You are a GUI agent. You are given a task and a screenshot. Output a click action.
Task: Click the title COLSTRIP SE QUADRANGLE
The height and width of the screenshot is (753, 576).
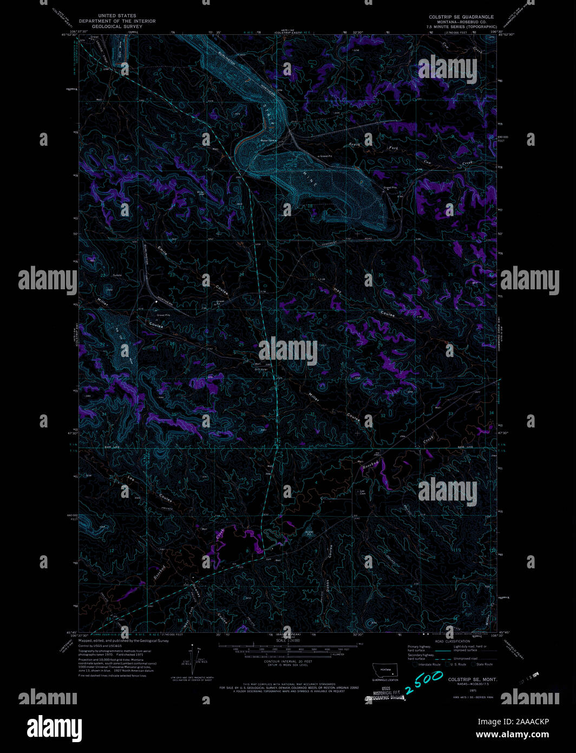tap(461, 17)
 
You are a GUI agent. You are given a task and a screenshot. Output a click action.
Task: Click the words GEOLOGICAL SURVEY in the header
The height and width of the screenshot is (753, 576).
tap(117, 26)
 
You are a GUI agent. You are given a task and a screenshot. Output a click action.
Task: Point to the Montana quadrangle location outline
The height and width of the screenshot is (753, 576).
tap(385, 670)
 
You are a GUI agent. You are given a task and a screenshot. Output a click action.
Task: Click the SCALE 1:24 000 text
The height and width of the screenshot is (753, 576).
tap(287, 641)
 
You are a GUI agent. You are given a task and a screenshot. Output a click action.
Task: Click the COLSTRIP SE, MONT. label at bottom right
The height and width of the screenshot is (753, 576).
tap(472, 679)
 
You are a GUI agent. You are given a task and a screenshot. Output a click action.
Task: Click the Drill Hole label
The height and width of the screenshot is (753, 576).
tap(261, 369)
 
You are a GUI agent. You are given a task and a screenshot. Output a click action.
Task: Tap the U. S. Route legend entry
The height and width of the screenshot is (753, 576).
tap(457, 664)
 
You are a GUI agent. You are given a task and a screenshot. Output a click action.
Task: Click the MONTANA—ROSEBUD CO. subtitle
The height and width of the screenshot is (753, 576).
tap(461, 22)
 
